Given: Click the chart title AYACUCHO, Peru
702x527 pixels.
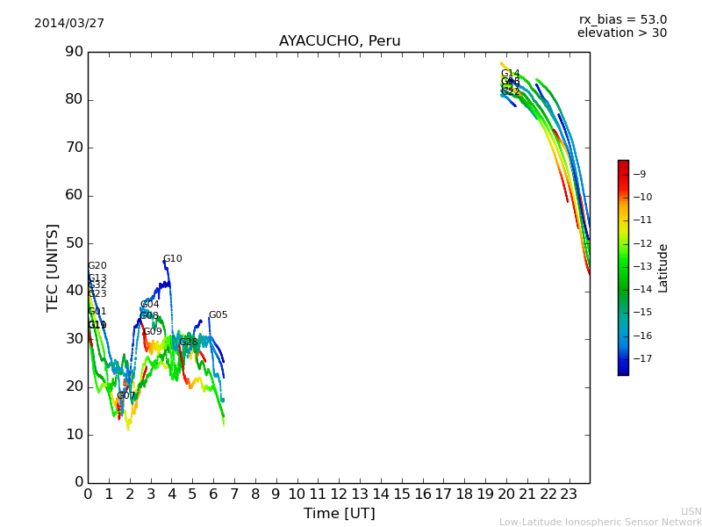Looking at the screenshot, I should point(340,41).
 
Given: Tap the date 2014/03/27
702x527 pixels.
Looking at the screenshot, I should point(69,24).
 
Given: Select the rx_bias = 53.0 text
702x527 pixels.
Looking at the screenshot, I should point(623,20).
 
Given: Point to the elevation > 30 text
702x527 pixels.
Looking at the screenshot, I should point(621,33).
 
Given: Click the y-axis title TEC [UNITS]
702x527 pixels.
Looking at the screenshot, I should point(53,267).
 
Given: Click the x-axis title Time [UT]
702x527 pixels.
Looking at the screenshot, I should point(339,514).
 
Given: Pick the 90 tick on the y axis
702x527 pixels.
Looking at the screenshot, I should point(73,52).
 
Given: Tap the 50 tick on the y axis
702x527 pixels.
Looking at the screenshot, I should point(73,243).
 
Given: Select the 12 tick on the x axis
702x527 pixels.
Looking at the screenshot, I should point(339,495).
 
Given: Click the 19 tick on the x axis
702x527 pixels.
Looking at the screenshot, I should point(485,495).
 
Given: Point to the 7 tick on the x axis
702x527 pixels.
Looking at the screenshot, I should point(234,495).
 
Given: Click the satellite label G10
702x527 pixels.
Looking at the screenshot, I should point(172,259).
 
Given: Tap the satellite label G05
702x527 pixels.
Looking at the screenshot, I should point(218,315).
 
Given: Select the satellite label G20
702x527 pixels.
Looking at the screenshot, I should point(97,266).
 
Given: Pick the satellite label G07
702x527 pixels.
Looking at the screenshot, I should point(126,396).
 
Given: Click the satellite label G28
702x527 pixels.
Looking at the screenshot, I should point(189,343).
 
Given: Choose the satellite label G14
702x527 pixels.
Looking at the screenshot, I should point(510,74).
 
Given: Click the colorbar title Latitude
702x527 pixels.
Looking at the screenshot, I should point(663,268).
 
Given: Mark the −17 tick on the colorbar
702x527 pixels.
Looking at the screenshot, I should point(642,358).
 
